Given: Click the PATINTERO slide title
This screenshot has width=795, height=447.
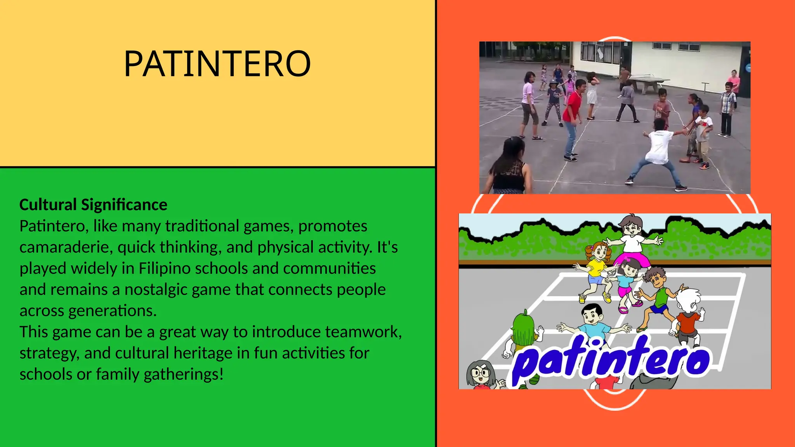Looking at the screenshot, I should (x=217, y=64).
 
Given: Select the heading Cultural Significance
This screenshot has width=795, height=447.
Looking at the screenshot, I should (x=93, y=204).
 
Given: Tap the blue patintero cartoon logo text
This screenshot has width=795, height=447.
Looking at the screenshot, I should (x=611, y=359).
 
